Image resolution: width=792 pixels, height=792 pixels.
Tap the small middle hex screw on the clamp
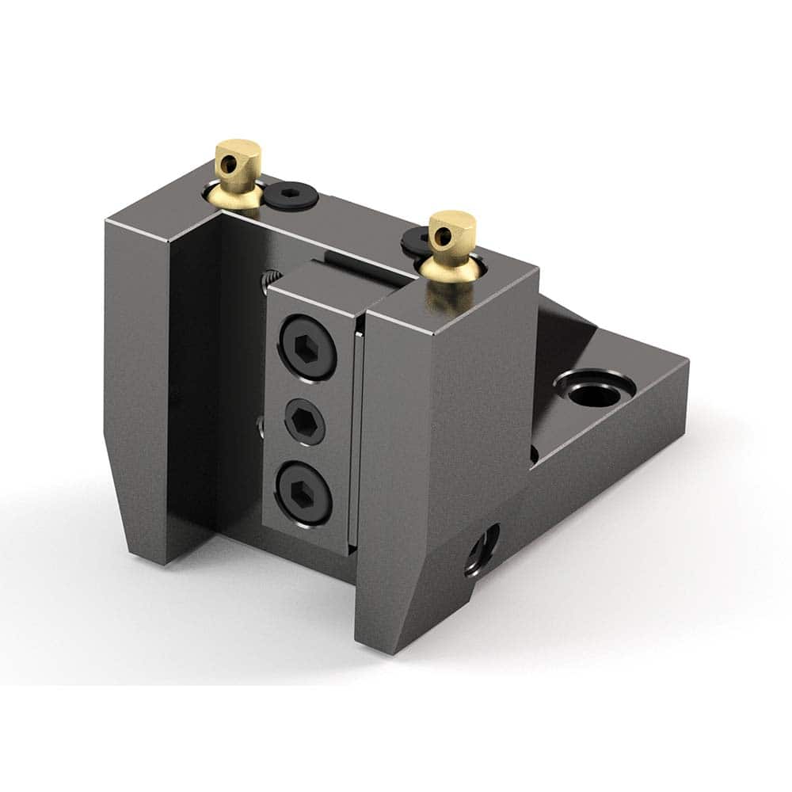[305, 422]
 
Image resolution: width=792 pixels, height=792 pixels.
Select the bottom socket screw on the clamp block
[303, 493]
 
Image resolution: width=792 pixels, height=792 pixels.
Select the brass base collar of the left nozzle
[235, 197]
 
